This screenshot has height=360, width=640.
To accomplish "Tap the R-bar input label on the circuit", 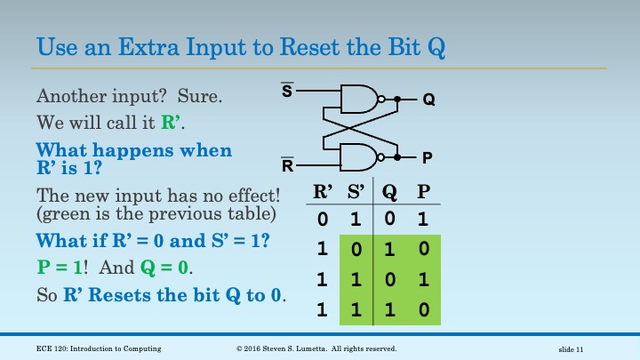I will (287, 165).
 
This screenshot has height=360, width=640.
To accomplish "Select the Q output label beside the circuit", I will (428, 100).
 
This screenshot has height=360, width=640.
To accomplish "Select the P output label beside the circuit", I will (428, 158).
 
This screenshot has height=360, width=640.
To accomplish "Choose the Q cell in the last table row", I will (389, 310).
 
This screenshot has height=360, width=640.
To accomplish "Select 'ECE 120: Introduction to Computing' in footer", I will (100, 347).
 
